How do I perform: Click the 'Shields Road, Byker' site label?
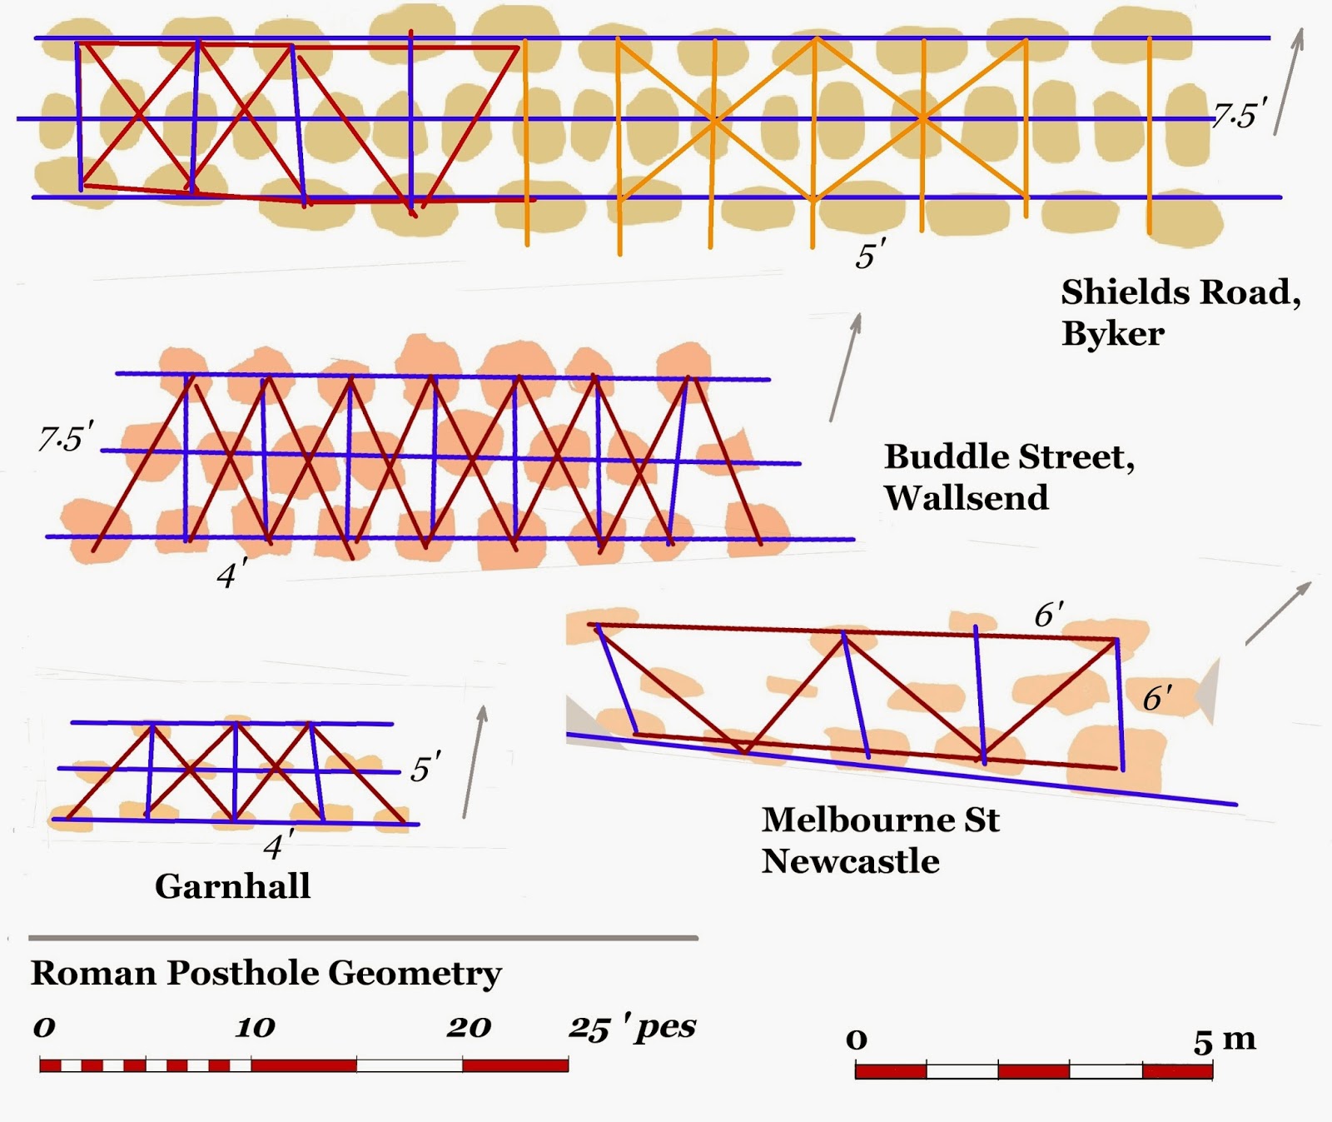click(1180, 312)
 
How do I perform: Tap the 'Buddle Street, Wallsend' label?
click(1009, 476)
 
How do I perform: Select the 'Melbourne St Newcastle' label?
click(880, 840)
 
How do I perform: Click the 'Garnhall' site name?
click(232, 885)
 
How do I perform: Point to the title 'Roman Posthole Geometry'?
click(266, 973)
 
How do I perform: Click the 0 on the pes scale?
click(44, 1028)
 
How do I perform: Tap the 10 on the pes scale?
click(255, 1028)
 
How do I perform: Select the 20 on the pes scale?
click(469, 1028)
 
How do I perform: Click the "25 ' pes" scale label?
click(632, 1028)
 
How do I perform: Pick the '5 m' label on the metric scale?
click(1224, 1040)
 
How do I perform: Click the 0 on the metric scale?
click(857, 1040)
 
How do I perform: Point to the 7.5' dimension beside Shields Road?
click(1240, 114)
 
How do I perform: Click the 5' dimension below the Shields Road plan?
click(870, 255)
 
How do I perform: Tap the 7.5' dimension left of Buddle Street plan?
click(66, 437)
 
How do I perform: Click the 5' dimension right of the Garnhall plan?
click(425, 768)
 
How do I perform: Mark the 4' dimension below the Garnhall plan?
click(277, 846)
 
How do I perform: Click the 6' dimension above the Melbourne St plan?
click(1048, 615)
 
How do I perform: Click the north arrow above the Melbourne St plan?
click(1278, 613)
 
